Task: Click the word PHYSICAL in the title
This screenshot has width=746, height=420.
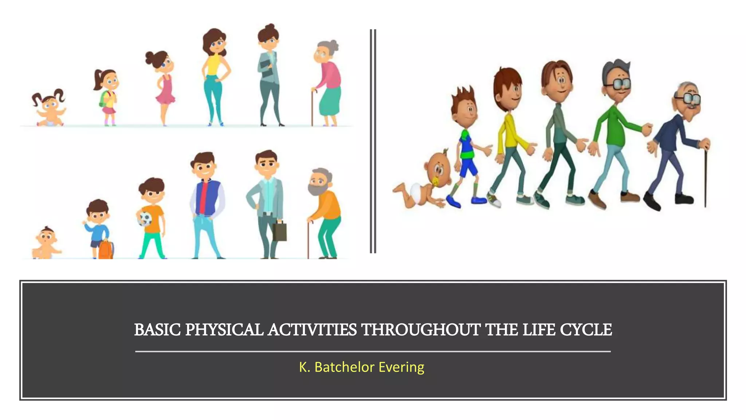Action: pos(224,330)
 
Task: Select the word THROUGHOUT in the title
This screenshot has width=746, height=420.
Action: pos(421,330)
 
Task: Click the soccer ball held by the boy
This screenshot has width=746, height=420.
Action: pos(145,218)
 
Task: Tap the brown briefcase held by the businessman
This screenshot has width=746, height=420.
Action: pos(279,231)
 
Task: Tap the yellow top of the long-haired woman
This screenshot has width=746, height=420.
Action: pos(213,65)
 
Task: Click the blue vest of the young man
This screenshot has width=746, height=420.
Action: pos(207,197)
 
